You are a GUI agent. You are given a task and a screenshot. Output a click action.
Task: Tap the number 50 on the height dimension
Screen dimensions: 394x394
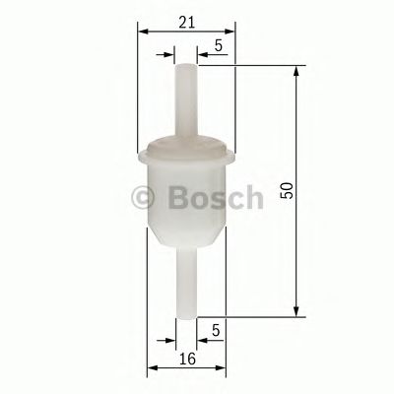[286, 189]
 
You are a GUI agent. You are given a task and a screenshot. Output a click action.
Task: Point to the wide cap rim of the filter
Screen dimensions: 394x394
[186, 153]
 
